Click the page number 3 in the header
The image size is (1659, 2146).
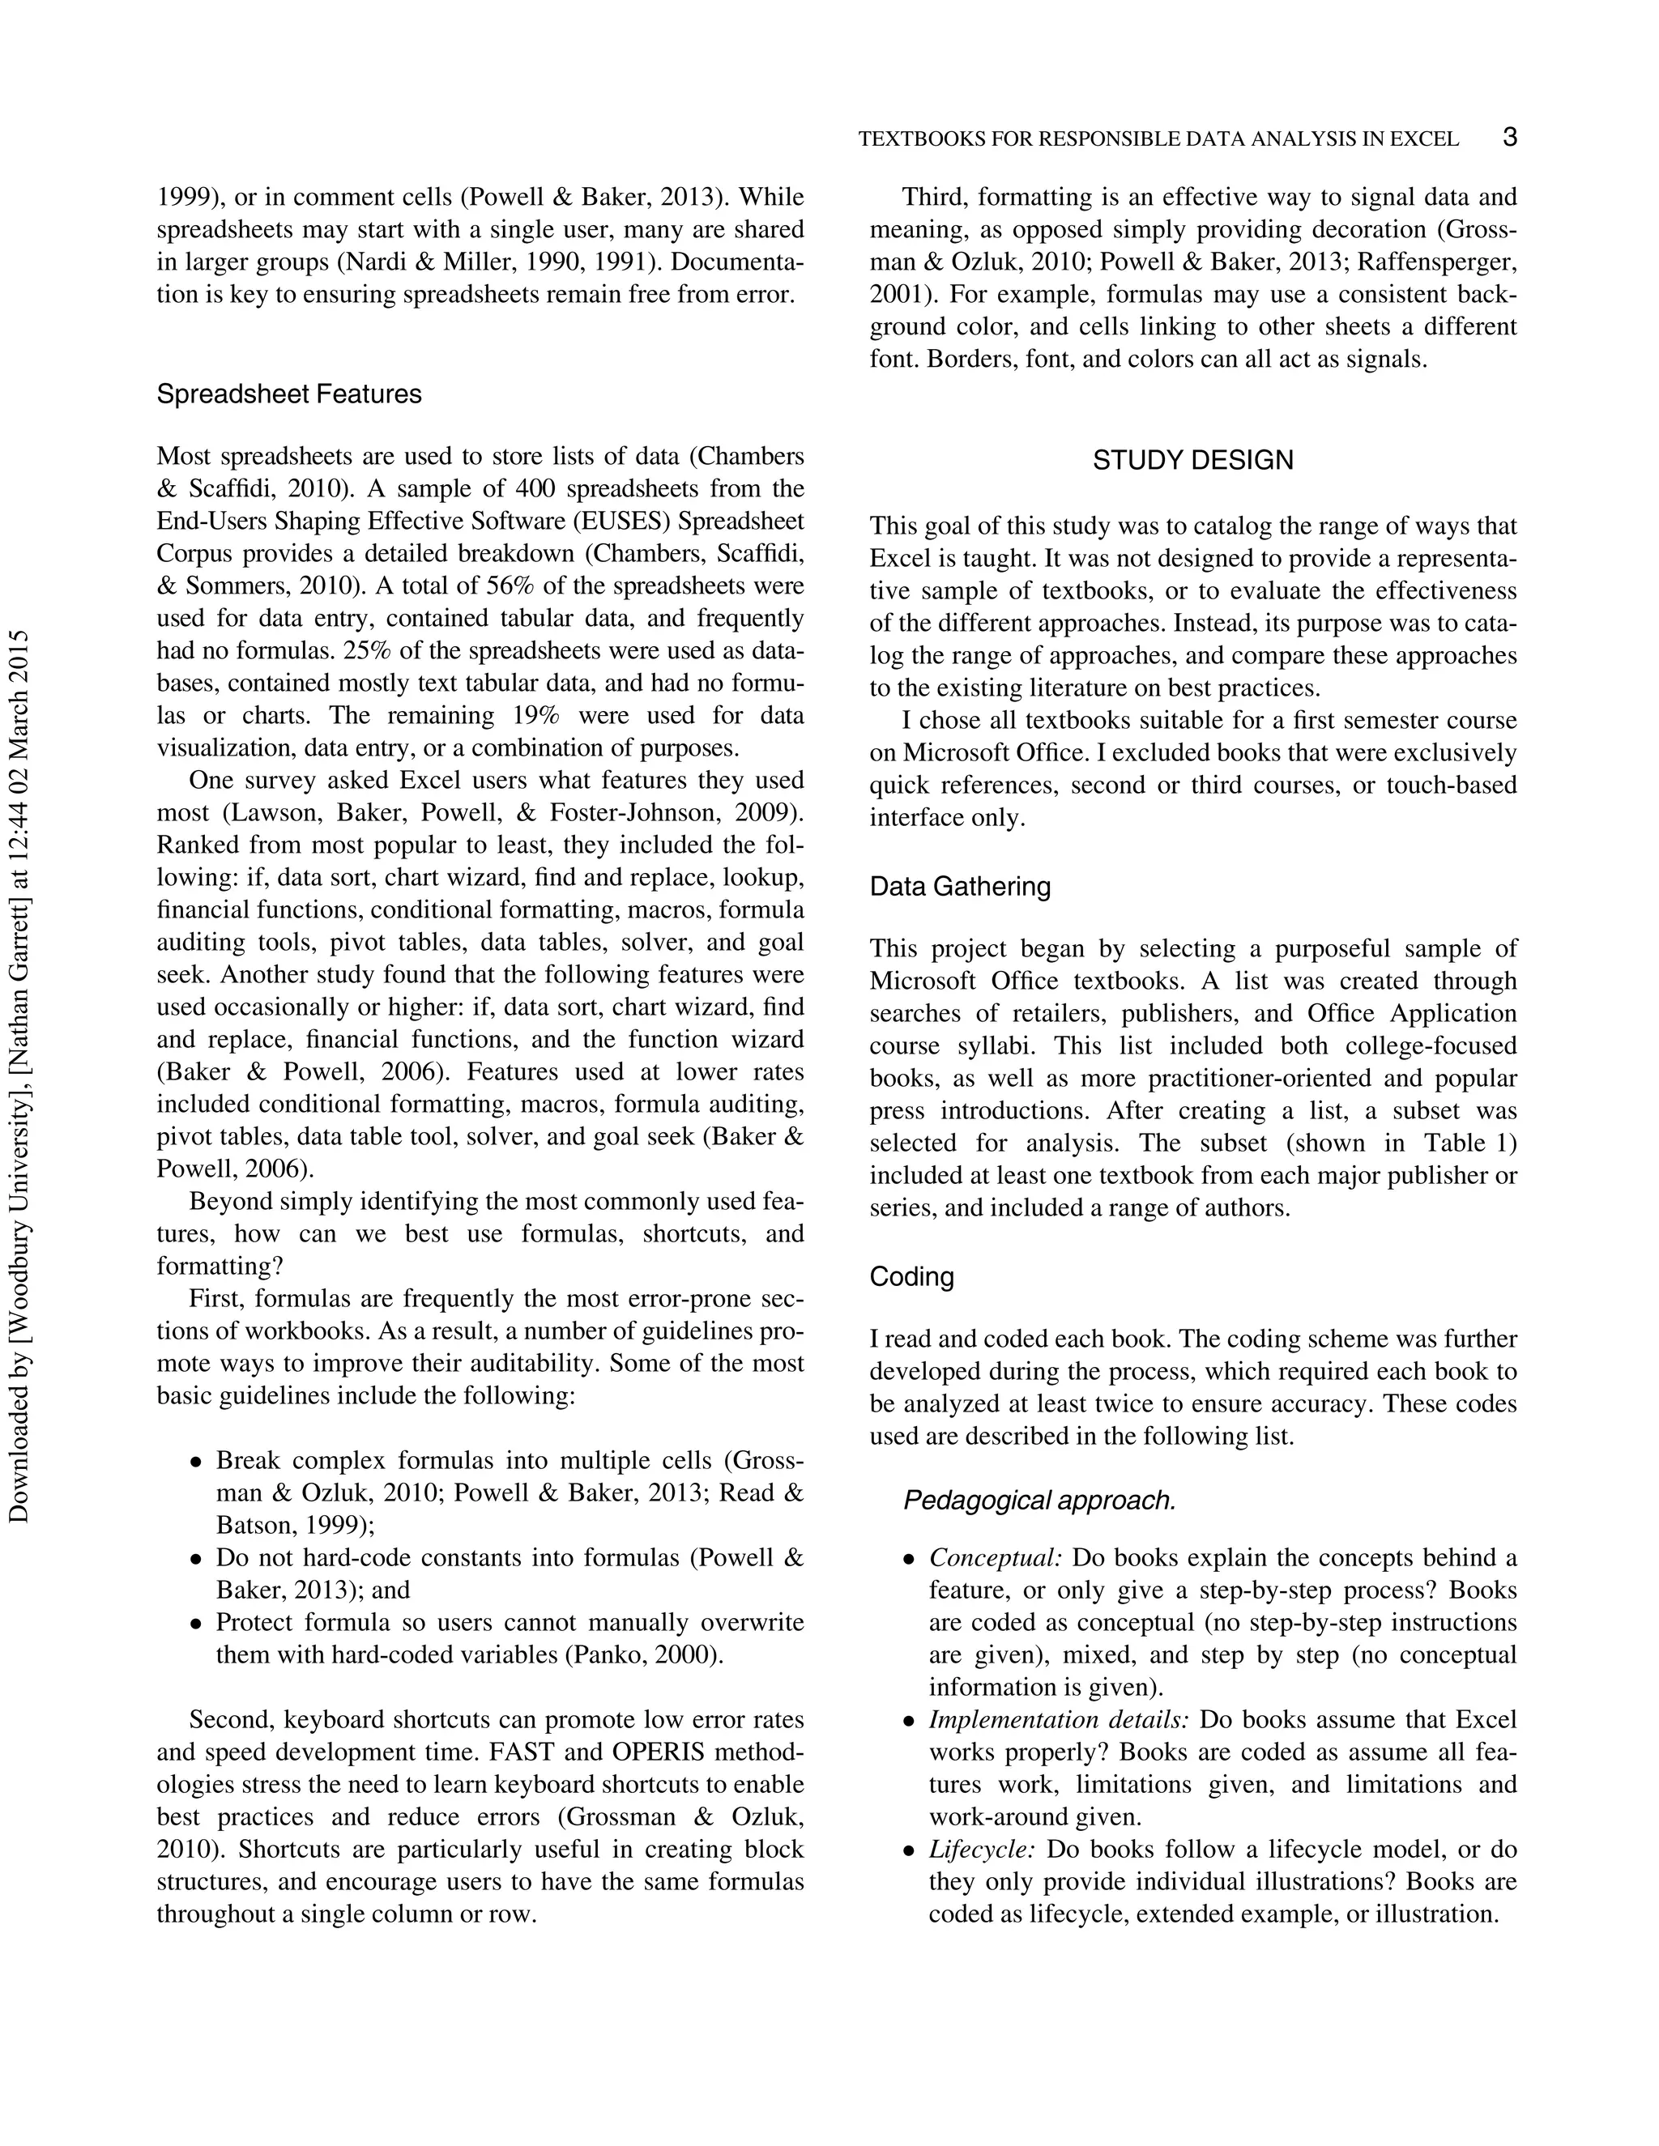point(1510,137)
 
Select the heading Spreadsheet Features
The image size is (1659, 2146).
point(289,394)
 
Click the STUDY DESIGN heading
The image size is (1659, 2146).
point(1193,460)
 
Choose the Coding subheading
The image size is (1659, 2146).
point(911,1276)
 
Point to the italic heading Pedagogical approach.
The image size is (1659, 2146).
point(1038,1501)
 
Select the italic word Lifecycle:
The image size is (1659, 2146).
point(982,1850)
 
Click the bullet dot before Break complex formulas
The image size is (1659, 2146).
point(195,1462)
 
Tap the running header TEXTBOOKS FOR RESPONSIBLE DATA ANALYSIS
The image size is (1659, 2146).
point(1158,139)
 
